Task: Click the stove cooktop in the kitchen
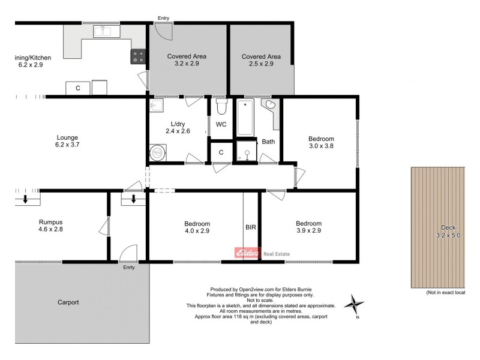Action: click(x=139, y=56)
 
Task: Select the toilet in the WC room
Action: click(x=221, y=107)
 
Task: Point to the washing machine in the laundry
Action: click(x=158, y=152)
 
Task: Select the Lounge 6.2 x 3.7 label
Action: click(x=67, y=141)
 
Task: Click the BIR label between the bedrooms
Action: click(x=251, y=228)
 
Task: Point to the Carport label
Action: click(x=68, y=302)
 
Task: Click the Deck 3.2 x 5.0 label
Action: click(x=449, y=231)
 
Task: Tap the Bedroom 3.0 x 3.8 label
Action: click(x=320, y=142)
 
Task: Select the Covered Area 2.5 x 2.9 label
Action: click(x=261, y=60)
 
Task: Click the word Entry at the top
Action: click(x=163, y=19)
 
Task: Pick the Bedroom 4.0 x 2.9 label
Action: click(x=197, y=227)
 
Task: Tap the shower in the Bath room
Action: click(x=246, y=151)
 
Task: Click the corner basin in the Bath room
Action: click(x=271, y=106)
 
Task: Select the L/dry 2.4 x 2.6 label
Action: click(x=177, y=127)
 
